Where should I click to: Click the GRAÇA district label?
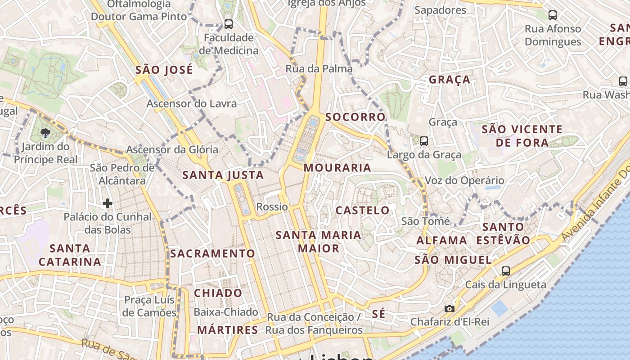pyautogui.click(x=449, y=80)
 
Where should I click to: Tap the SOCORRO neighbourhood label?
pyautogui.click(x=355, y=117)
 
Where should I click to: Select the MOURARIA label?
pyautogui.click(x=337, y=168)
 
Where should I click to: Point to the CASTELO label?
pyautogui.click(x=363, y=210)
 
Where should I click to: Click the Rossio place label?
pyautogui.click(x=272, y=207)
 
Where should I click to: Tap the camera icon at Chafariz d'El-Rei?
pyautogui.click(x=449, y=309)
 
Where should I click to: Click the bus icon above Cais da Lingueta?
pyautogui.click(x=506, y=271)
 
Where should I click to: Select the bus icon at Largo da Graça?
pyautogui.click(x=423, y=141)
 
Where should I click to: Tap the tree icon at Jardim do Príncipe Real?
pyautogui.click(x=45, y=133)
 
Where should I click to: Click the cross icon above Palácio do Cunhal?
pyautogui.click(x=107, y=203)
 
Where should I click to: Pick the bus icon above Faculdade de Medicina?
pyautogui.click(x=229, y=24)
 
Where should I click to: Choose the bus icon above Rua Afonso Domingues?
pyautogui.click(x=553, y=15)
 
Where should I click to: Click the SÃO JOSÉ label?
pyautogui.click(x=164, y=70)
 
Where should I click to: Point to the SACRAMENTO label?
pyautogui.click(x=212, y=254)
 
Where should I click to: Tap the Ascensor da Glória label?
pyautogui.click(x=172, y=149)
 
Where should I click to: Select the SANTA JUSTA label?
pyautogui.click(x=223, y=175)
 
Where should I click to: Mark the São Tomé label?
pyautogui.click(x=425, y=221)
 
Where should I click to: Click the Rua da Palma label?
pyautogui.click(x=319, y=69)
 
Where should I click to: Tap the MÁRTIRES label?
pyautogui.click(x=228, y=330)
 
